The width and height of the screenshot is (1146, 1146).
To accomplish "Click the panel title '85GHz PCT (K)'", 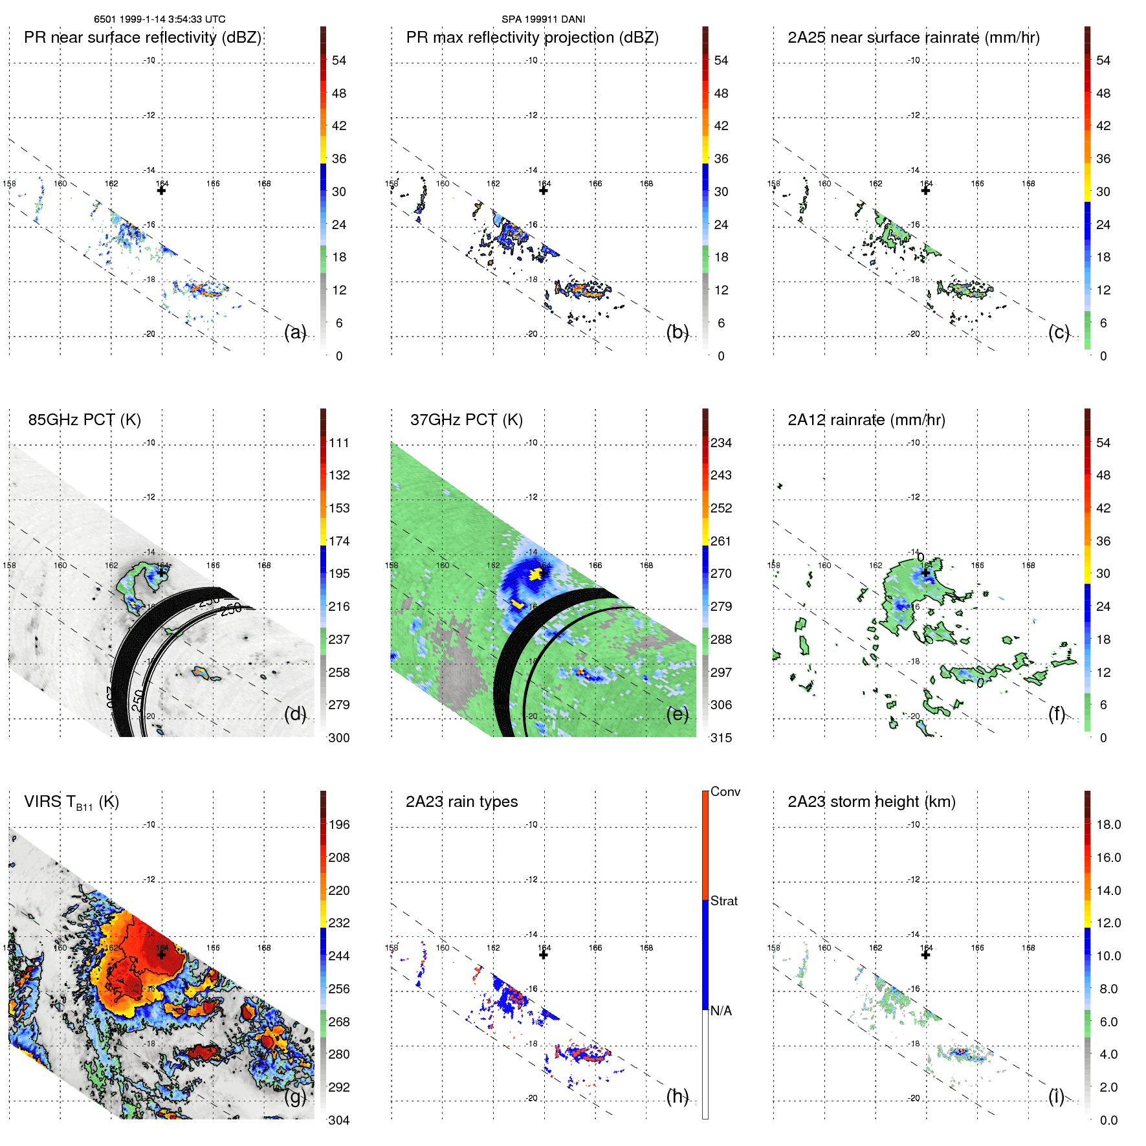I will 84,419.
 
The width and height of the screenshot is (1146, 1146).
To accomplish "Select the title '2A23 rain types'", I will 461,802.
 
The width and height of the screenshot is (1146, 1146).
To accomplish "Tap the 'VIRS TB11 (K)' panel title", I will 71,802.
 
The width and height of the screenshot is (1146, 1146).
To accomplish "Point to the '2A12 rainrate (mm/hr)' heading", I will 866,419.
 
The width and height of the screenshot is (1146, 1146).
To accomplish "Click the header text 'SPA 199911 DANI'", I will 543,19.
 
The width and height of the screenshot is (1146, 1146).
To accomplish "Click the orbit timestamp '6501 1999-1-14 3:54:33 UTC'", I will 159,19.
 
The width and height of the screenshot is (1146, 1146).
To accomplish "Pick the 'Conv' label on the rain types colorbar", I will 725,791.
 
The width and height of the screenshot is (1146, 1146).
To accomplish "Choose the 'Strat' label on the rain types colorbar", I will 723,901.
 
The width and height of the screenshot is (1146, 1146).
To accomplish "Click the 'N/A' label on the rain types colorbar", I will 721,1011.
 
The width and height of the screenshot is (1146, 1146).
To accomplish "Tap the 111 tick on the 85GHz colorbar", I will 338,443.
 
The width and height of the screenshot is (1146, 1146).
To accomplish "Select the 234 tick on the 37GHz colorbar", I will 721,443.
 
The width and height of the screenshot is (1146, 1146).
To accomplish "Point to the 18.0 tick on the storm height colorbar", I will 1108,824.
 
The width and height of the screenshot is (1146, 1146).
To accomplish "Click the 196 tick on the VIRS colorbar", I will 338,824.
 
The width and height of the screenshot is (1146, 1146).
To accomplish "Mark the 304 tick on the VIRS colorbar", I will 338,1120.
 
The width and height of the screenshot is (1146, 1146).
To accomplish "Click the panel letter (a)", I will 295,332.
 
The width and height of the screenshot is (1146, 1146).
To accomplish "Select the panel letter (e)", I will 677,714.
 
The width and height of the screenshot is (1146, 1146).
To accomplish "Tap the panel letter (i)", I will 1056,1096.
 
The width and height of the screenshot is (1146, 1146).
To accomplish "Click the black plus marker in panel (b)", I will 544,190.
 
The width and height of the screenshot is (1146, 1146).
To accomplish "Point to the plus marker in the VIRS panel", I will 161,954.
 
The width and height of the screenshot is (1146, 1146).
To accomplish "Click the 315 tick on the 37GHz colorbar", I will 721,738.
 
